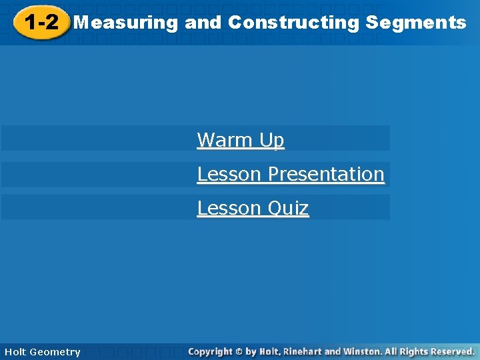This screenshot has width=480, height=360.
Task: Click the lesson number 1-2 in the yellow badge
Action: click(x=41, y=23)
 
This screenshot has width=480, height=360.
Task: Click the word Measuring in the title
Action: click(x=126, y=23)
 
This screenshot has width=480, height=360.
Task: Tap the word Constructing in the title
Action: click(x=293, y=23)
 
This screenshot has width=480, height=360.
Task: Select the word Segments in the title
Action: click(x=416, y=23)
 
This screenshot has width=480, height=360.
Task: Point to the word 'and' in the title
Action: click(x=203, y=23)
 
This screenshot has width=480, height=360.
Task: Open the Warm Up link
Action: click(x=241, y=140)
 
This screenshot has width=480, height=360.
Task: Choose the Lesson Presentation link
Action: click(x=291, y=174)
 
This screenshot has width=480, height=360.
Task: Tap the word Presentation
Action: click(x=326, y=174)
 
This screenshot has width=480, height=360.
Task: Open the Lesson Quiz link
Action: click(x=253, y=208)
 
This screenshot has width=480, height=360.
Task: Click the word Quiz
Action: click(x=288, y=209)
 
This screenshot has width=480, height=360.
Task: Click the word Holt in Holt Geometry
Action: click(x=16, y=352)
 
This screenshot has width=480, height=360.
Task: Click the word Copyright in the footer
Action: click(x=210, y=351)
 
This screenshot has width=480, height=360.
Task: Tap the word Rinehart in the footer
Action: click(x=302, y=351)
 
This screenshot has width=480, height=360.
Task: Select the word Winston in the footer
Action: click(x=363, y=351)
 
